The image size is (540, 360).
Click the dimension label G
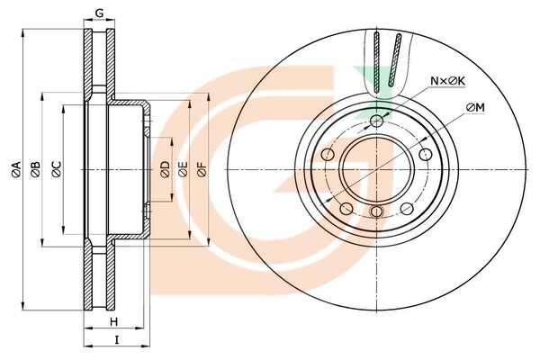coord(99,12)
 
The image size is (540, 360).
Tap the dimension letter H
coord(113,322)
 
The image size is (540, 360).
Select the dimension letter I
coord(116,339)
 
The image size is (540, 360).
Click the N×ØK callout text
coord(446,81)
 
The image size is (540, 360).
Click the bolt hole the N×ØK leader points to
coord(376,120)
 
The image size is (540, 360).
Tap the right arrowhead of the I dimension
coord(146,345)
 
